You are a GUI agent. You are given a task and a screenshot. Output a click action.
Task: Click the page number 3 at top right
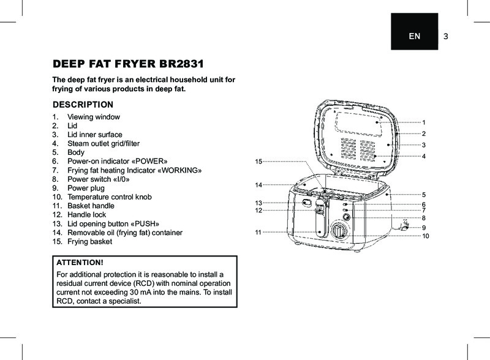click(446, 36)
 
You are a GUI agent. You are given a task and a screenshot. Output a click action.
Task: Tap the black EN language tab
click(415, 36)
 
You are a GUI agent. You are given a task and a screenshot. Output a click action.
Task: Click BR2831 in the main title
click(181, 64)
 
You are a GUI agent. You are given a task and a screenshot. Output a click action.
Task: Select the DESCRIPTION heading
click(83, 104)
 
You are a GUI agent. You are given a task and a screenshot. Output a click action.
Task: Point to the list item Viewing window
click(93, 117)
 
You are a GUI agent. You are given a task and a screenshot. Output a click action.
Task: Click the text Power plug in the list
click(86, 189)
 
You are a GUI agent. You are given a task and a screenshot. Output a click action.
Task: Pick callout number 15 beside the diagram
click(258, 161)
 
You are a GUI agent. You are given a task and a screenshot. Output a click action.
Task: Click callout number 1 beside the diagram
click(423, 122)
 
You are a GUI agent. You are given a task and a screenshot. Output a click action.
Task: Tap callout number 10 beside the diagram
click(425, 236)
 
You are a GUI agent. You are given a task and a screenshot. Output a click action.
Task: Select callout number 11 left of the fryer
click(258, 233)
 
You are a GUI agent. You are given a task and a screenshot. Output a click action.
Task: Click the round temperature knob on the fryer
click(338, 231)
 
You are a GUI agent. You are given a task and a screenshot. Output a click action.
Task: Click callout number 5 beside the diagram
click(423, 194)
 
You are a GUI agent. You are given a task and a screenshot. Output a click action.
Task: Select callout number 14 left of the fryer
click(258, 184)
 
